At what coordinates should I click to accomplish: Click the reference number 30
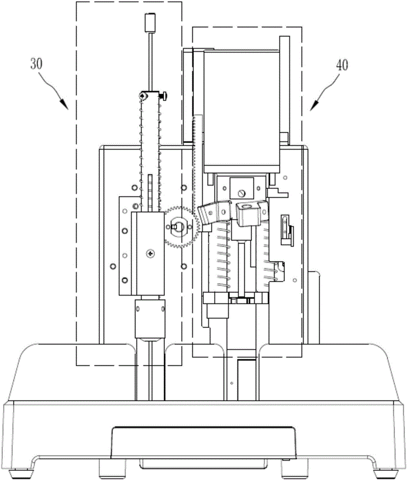pyautogui.click(x=36, y=64)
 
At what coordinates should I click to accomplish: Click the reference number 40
pyautogui.click(x=342, y=65)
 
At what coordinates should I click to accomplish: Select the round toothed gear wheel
pyautogui.click(x=180, y=227)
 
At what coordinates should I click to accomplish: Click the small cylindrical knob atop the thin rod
pyautogui.click(x=150, y=23)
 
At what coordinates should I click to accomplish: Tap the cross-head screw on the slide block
pyautogui.click(x=151, y=253)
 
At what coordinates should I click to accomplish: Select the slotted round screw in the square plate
pyautogui.click(x=242, y=193)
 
